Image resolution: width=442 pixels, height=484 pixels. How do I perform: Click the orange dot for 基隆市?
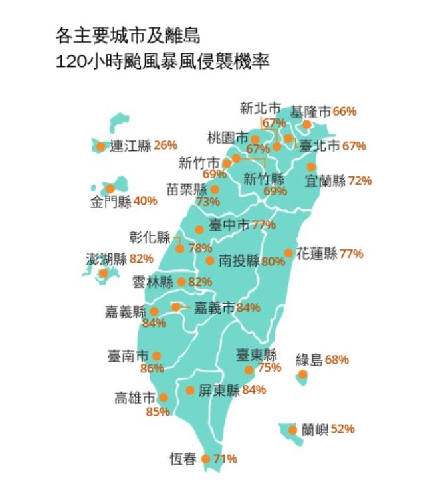[x=306, y=124]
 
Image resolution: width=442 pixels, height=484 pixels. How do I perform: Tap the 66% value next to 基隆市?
[x=344, y=111]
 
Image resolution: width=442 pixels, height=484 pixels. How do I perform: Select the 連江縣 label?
[x=130, y=146]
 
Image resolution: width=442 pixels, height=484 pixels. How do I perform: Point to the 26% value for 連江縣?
[x=166, y=145]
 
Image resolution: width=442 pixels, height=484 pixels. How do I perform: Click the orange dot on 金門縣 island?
[x=110, y=189]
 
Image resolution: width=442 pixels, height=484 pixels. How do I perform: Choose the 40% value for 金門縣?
[x=145, y=201]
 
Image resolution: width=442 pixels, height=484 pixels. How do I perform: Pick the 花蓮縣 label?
[x=316, y=253]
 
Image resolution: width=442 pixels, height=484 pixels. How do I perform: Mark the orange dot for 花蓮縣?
[x=288, y=253]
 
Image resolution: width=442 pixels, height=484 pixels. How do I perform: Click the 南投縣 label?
[x=239, y=261]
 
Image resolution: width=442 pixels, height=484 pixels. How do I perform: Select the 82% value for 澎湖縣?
[x=142, y=259]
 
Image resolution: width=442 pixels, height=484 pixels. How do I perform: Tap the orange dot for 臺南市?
[x=156, y=356]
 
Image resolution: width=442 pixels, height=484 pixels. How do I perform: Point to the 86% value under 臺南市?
[x=152, y=369]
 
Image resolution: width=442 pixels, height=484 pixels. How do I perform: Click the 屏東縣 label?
[x=219, y=390]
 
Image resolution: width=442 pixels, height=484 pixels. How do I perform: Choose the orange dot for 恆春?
[x=205, y=459]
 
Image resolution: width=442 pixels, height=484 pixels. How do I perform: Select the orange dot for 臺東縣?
[x=249, y=370]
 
